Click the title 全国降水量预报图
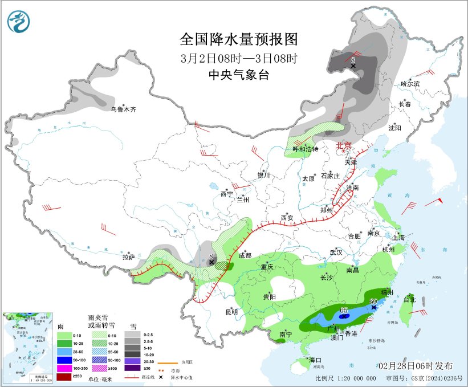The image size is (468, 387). [x=239, y=39]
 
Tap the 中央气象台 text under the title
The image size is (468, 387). [x=239, y=75]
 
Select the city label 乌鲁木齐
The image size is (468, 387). [x=123, y=109]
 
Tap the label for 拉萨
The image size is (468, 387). [x=129, y=257]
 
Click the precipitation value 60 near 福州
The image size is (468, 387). [x=374, y=301]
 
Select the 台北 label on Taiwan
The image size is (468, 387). [x=409, y=299]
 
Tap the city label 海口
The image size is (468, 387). [x=316, y=360]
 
